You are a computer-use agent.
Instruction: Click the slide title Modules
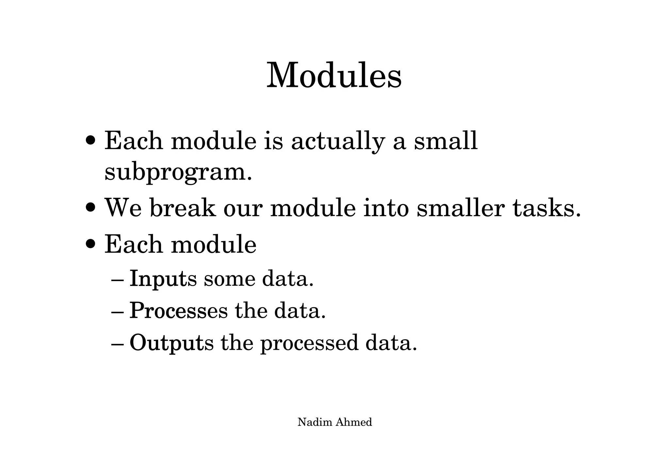click(x=334, y=76)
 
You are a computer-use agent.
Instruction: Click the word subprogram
click(x=178, y=172)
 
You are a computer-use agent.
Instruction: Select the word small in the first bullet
click(x=446, y=141)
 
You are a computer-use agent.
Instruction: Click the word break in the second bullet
click(x=183, y=208)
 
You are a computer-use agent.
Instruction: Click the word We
click(x=123, y=208)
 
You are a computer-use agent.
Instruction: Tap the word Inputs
click(x=163, y=279)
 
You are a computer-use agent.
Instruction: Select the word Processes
click(x=178, y=311)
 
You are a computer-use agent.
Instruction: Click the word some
click(x=229, y=279)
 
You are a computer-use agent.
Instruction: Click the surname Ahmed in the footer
click(x=354, y=422)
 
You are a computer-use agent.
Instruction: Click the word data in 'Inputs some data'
click(x=287, y=279)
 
